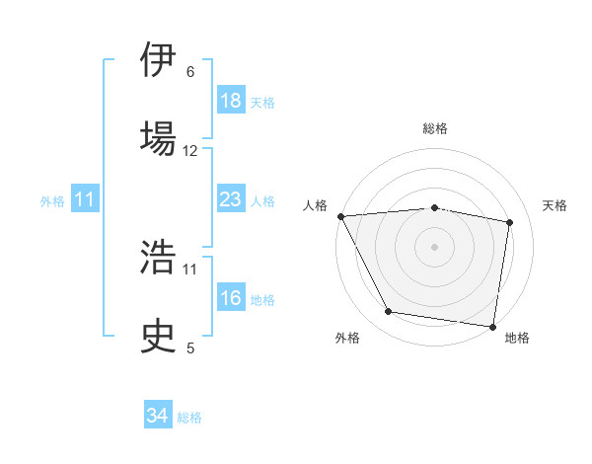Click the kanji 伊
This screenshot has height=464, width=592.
click(158, 60)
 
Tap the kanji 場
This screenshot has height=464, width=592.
click(158, 137)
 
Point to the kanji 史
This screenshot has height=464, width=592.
click(158, 335)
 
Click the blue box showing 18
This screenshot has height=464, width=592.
click(230, 101)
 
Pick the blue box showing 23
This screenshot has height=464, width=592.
click(230, 199)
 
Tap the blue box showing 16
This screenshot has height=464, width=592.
click(230, 298)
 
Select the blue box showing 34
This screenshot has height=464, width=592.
click(158, 416)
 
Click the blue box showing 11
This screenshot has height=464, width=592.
click(85, 199)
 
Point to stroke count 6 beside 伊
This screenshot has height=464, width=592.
click(190, 72)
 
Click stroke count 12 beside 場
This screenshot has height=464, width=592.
click(190, 151)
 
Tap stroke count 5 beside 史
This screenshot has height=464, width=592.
click(190, 347)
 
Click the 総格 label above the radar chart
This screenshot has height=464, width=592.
click(435, 128)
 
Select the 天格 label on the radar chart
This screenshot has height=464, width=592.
click(555, 205)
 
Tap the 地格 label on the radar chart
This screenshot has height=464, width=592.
click(517, 338)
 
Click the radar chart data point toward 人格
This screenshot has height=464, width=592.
click(340, 216)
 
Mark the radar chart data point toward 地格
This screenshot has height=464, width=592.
click(492, 326)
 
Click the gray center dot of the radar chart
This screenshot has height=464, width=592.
click(435, 246)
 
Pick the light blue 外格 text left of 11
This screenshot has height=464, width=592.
click(52, 200)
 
